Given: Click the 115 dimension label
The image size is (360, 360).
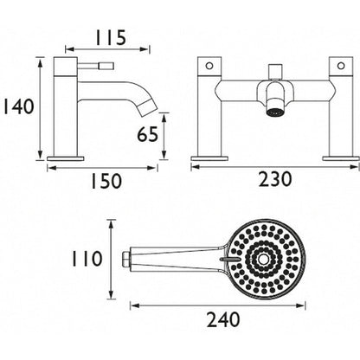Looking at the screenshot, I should [110, 38].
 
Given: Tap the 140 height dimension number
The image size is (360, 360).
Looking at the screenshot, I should [18, 107].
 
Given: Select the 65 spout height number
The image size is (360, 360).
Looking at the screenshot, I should [146, 136].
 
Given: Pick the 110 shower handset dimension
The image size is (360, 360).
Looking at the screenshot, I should [87, 259].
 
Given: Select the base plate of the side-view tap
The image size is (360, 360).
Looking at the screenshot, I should [67, 157].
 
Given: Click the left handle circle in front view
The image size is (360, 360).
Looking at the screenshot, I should [209, 66].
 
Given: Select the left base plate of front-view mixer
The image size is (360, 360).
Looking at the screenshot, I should [209, 157].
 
